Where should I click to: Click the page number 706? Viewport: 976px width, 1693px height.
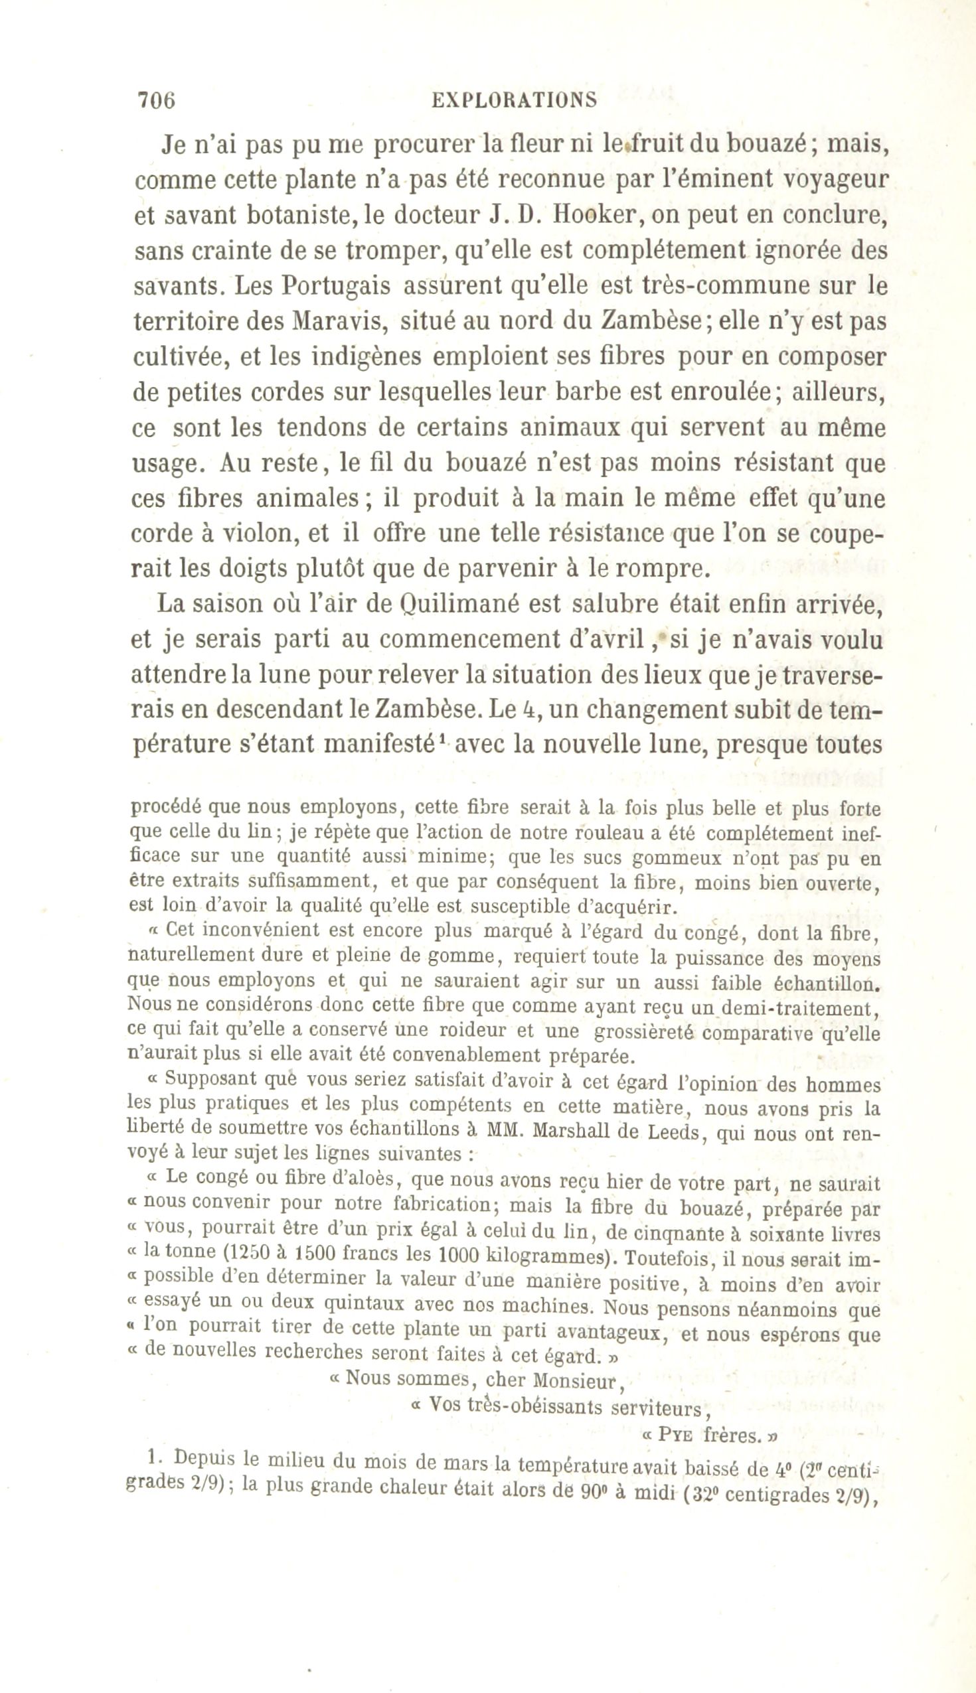[x=155, y=100]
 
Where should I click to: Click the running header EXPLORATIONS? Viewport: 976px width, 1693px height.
[x=514, y=100]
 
